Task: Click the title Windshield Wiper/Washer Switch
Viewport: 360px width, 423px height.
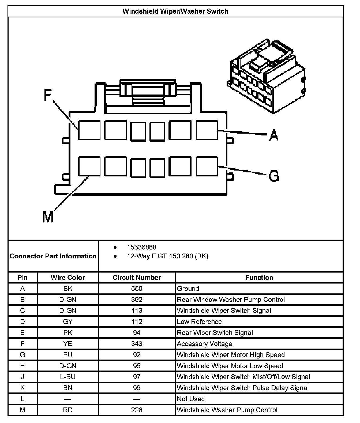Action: click(x=175, y=11)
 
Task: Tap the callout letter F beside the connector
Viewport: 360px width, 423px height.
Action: click(x=48, y=95)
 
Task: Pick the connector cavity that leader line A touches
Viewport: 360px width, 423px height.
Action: click(x=207, y=130)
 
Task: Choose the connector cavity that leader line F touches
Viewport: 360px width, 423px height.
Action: click(x=89, y=130)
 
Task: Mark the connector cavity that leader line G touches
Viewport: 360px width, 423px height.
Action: click(x=207, y=166)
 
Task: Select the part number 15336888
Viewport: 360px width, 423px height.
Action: click(x=142, y=247)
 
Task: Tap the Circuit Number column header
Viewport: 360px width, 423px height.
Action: click(x=137, y=277)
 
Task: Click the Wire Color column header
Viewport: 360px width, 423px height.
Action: click(x=68, y=277)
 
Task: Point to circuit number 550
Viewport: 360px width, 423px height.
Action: click(x=137, y=289)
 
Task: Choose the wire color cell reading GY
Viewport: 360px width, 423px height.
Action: click(x=68, y=322)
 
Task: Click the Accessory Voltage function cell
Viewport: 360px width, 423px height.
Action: click(x=205, y=344)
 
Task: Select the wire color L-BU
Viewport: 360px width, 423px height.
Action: click(x=68, y=377)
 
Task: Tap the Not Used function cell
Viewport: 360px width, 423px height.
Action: click(x=191, y=399)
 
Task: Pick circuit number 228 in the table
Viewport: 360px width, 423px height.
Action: click(x=137, y=410)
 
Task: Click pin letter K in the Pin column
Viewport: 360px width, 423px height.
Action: click(x=22, y=388)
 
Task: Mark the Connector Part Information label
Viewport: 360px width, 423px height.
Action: click(x=53, y=256)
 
